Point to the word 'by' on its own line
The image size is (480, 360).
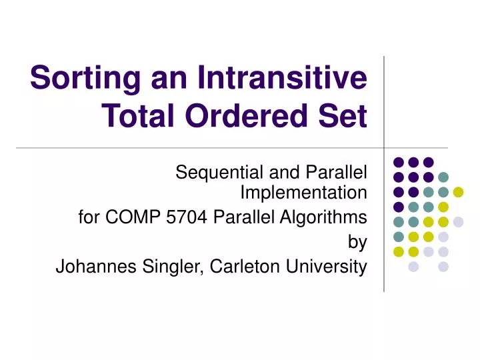click(x=358, y=242)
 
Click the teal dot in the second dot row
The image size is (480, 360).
click(x=443, y=177)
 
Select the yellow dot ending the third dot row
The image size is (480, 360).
click(x=458, y=192)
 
